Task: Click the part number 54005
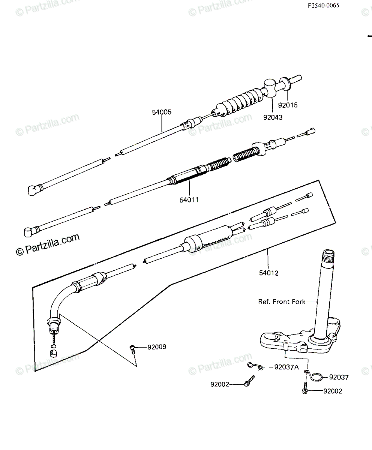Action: (x=162, y=112)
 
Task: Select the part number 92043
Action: (x=273, y=117)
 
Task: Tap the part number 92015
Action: (x=288, y=105)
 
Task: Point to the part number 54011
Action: (x=189, y=200)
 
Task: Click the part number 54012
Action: (x=269, y=273)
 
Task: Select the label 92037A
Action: (x=286, y=367)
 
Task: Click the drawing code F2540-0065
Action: (x=323, y=6)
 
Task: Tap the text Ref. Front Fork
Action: (x=282, y=302)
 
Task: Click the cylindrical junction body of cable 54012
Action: (x=208, y=239)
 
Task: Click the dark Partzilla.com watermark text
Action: (x=48, y=244)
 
